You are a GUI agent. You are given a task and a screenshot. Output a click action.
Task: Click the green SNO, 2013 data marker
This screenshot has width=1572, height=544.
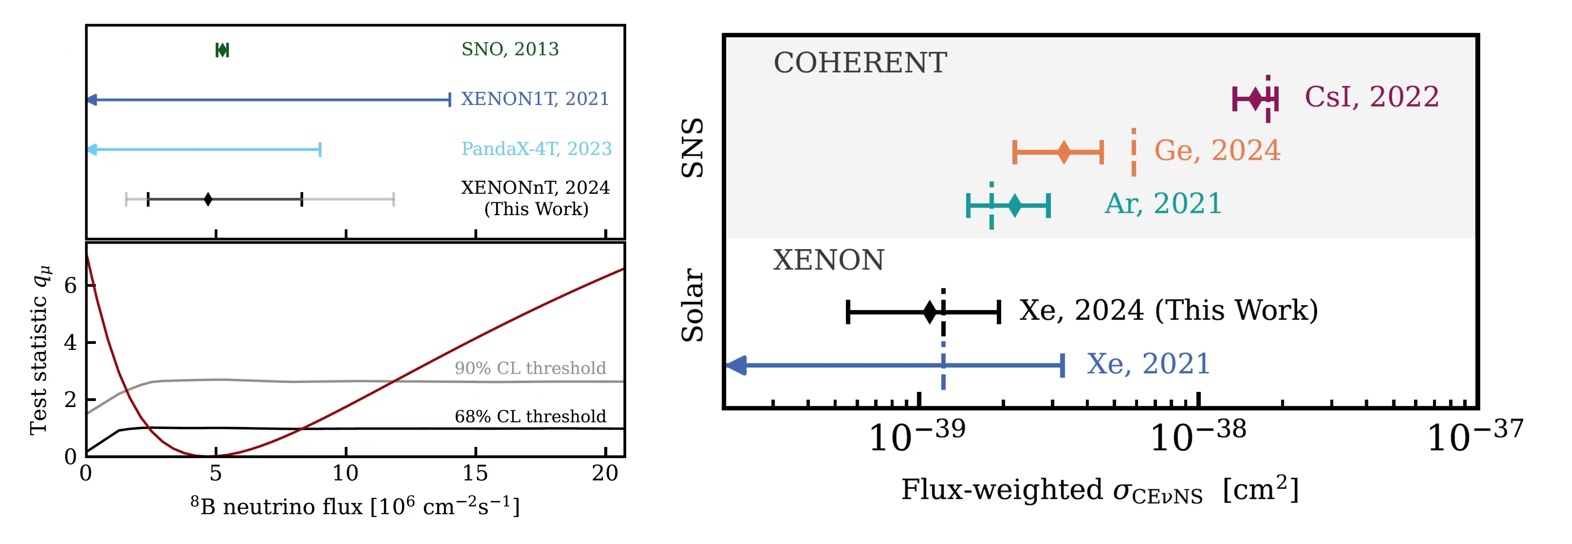[222, 50]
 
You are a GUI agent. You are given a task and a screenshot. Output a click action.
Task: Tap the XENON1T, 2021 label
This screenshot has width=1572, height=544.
[534, 99]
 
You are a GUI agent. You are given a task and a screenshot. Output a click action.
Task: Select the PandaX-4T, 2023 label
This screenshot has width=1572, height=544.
[536, 149]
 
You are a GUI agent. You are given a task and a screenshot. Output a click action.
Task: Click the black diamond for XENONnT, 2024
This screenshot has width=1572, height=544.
[208, 199]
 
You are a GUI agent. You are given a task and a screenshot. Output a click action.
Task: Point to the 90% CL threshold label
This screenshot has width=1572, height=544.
[530, 368]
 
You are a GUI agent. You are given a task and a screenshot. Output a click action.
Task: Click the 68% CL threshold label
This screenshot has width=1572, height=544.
[530, 417]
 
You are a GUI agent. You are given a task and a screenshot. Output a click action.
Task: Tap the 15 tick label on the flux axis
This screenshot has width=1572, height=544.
[475, 473]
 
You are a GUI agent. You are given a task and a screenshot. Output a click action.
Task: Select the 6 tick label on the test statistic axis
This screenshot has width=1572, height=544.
[71, 285]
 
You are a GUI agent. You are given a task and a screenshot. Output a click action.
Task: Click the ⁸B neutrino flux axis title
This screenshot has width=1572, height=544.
[355, 506]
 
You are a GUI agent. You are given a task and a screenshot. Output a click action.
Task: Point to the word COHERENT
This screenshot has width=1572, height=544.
[860, 63]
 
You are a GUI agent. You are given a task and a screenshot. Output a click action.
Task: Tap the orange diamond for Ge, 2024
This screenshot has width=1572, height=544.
[1064, 152]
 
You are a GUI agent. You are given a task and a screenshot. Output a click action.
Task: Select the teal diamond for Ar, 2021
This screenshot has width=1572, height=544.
[1014, 205]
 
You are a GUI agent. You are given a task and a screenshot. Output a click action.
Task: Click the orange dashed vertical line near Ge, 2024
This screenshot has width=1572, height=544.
[1133, 152]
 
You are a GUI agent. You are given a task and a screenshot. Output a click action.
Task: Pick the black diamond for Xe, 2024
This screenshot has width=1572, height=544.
[929, 312]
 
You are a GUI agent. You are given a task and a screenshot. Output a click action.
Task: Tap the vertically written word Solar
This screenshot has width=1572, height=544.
[693, 305]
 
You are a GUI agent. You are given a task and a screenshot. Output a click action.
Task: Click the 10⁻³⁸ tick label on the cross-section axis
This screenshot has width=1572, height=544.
[1197, 437]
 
